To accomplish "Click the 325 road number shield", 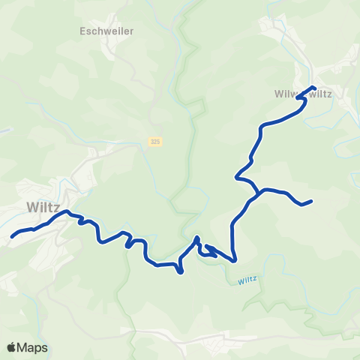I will (154, 142).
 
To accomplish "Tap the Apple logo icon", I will (12, 347).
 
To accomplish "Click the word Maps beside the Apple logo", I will (34, 348).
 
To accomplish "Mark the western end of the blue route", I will (12, 236).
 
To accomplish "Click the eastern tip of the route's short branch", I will (310, 201).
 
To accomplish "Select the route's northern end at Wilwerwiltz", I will (314, 89).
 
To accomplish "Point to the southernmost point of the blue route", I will (181, 272).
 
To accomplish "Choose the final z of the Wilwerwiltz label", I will (340, 94).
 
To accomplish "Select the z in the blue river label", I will (256, 278).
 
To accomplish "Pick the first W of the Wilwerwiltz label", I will (278, 94).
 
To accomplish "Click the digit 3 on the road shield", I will (151, 142).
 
